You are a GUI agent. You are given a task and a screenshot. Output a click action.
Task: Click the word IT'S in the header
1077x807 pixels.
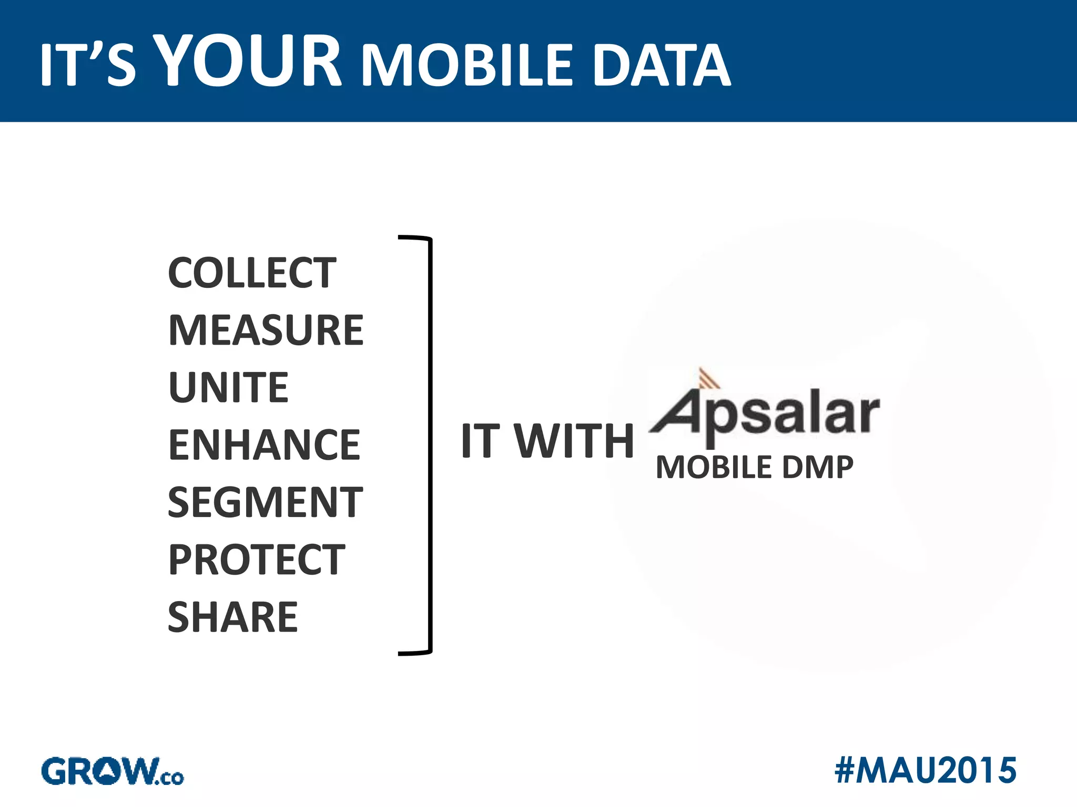(87, 65)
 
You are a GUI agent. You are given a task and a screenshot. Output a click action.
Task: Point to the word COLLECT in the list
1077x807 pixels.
(252, 273)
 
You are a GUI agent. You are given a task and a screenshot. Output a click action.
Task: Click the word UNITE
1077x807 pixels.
(228, 387)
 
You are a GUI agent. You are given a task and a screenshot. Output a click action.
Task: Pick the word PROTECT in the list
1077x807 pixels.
(256, 560)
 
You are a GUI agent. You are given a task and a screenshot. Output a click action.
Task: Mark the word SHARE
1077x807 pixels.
(232, 617)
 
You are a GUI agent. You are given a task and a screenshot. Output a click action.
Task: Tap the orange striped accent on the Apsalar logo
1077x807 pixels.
(707, 378)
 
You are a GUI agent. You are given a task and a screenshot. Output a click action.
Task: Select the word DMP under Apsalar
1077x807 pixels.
(817, 467)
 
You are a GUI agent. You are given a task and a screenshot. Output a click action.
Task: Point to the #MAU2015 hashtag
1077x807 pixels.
(925, 771)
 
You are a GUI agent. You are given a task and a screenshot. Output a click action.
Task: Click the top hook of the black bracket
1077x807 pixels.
(415, 239)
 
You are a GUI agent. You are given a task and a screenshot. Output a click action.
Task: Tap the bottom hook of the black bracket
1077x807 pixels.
(415, 653)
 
